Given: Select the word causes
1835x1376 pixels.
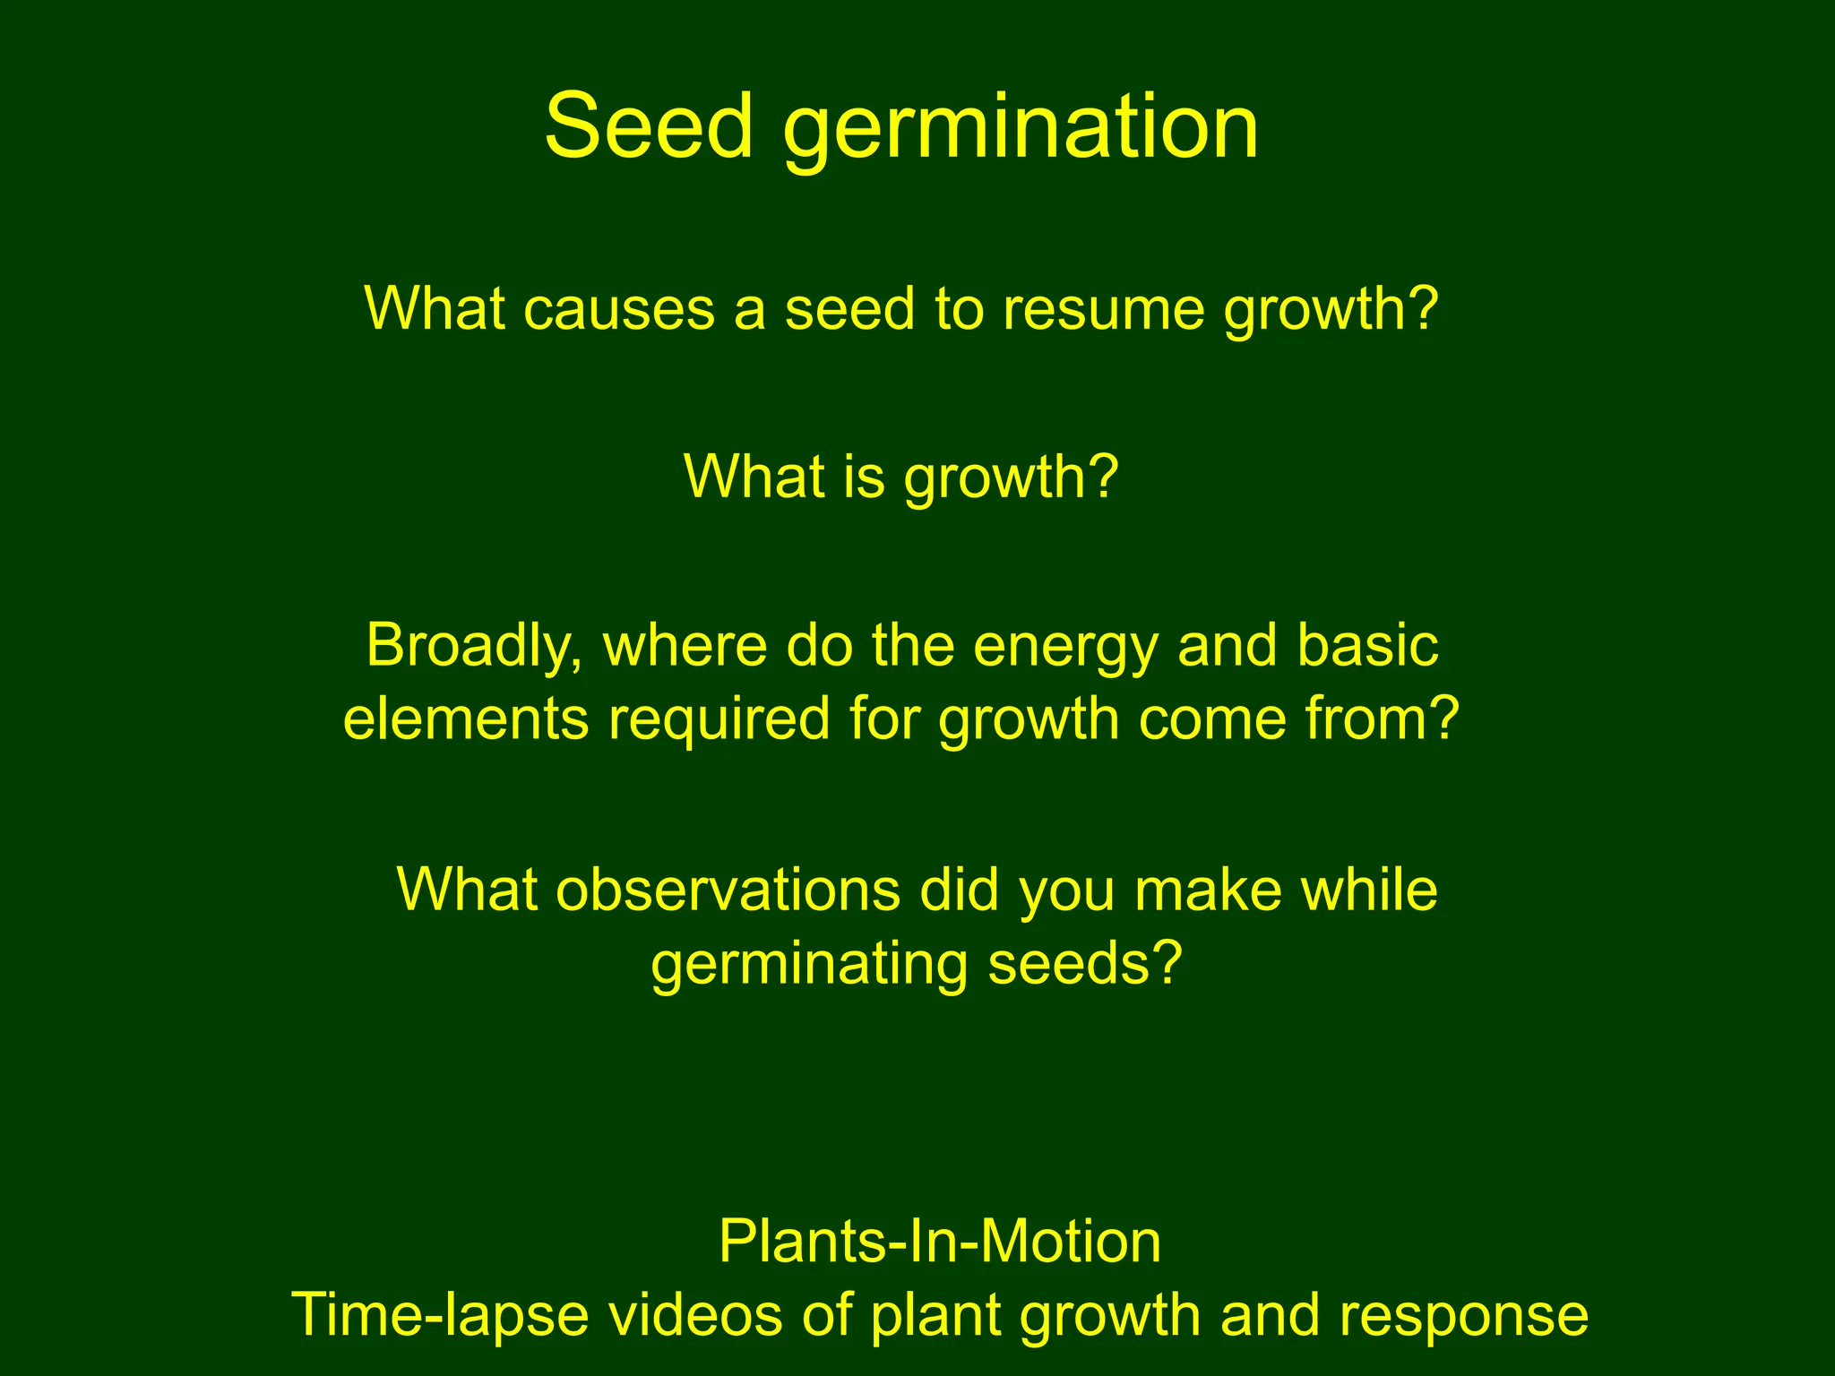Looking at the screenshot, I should point(618,308).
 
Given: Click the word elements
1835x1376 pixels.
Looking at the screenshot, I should point(466,718).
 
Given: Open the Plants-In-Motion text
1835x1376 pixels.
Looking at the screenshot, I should point(940,1242).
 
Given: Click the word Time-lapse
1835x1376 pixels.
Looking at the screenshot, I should point(440,1316).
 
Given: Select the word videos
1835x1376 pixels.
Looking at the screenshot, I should point(695,1315).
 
